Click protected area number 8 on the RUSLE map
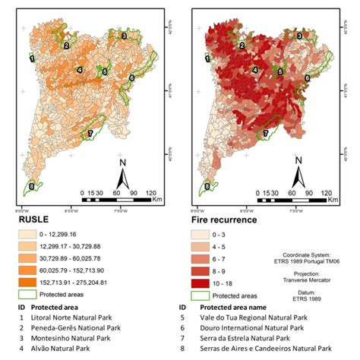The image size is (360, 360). click(31, 185)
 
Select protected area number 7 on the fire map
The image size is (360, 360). click(266, 135)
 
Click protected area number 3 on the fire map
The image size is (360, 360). click(298, 35)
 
